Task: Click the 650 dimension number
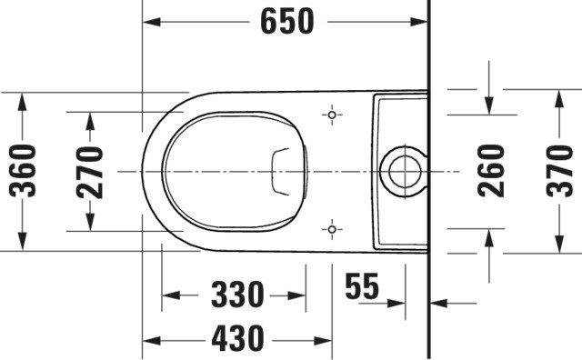pos(287,22)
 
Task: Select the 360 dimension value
pos(23,171)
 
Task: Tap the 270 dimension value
pos(89,173)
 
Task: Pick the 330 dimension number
pos(237,295)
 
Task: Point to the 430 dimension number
pos(237,338)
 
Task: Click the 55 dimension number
pos(362,286)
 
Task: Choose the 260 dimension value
pos(491,171)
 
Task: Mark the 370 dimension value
pos(559,171)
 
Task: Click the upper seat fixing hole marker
pos(332,115)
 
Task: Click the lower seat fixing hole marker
pos(332,230)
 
